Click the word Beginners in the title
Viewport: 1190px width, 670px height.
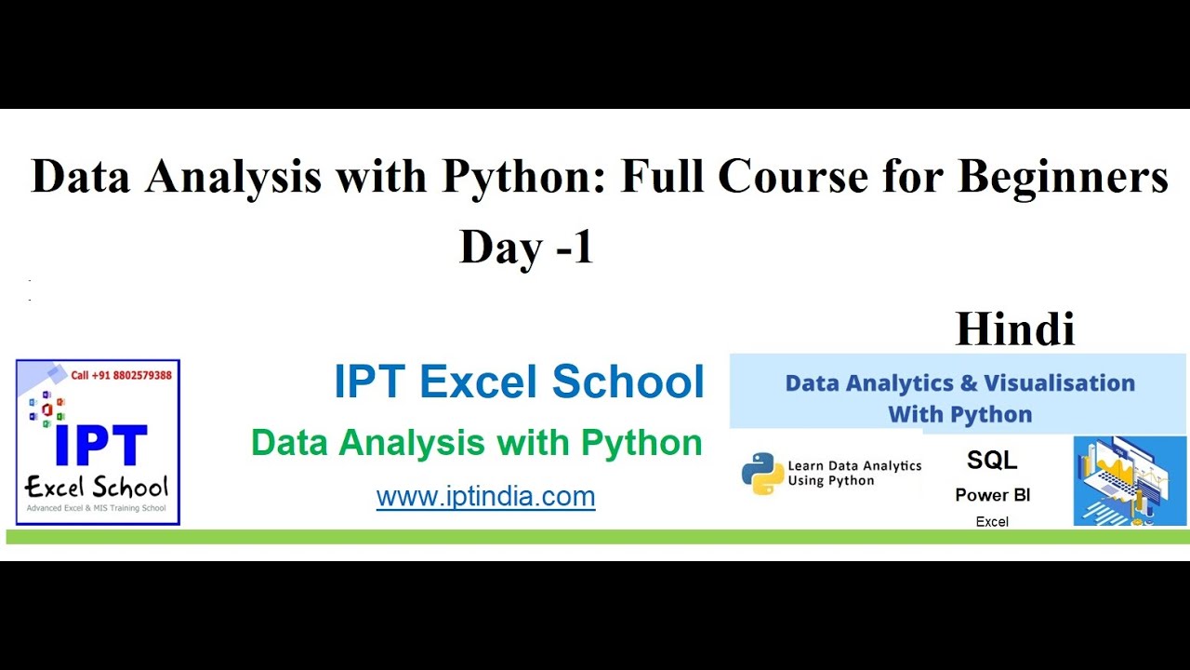pyautogui.click(x=1063, y=177)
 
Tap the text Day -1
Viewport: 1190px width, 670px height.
pyautogui.click(x=526, y=248)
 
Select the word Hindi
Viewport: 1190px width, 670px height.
pyautogui.click(x=1014, y=329)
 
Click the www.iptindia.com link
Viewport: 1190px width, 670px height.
pyautogui.click(x=485, y=496)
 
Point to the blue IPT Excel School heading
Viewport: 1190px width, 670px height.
pyautogui.click(x=519, y=382)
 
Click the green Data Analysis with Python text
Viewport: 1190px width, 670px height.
pyautogui.click(x=476, y=443)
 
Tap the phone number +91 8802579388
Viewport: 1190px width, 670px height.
pyautogui.click(x=122, y=375)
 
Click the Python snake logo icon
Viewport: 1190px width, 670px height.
pyautogui.click(x=762, y=473)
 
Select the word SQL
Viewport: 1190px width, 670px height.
pyautogui.click(x=992, y=460)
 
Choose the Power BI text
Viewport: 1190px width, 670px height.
pyautogui.click(x=992, y=495)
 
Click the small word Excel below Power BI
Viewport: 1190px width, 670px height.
pyautogui.click(x=992, y=521)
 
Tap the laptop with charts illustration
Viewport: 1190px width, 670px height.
pyautogui.click(x=1130, y=480)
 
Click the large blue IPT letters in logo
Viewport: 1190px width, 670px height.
pyautogui.click(x=100, y=447)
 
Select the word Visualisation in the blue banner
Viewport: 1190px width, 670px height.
pyautogui.click(x=1059, y=383)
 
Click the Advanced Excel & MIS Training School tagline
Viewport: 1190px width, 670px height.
pyautogui.click(x=97, y=508)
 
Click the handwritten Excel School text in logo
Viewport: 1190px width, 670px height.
pyautogui.click(x=97, y=487)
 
